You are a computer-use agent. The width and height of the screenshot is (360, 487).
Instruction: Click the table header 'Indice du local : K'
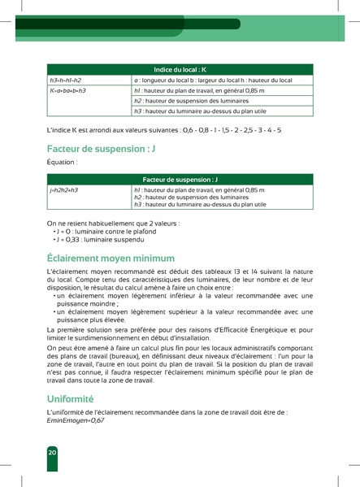[x=180, y=70]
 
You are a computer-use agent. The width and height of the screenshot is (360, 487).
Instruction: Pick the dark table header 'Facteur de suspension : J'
[x=180, y=178]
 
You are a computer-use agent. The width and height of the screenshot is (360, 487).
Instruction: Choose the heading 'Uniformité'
[x=71, y=399]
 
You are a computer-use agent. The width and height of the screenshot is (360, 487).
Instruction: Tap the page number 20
[x=51, y=451]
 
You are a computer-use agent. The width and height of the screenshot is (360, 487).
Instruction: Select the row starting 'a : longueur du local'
[x=211, y=80]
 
